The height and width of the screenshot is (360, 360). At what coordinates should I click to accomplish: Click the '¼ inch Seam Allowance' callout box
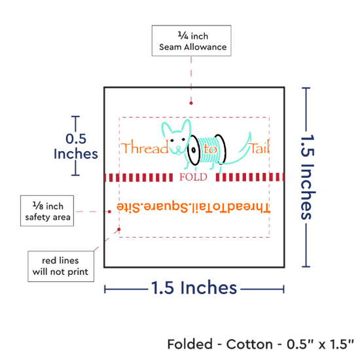click(x=192, y=41)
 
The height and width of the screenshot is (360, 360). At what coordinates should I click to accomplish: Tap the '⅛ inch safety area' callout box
click(x=47, y=211)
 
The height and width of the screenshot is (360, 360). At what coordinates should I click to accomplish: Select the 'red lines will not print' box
click(x=61, y=266)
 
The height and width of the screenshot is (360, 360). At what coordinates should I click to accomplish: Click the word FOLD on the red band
click(x=193, y=177)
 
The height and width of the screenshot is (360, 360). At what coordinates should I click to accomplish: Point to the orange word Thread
click(x=145, y=147)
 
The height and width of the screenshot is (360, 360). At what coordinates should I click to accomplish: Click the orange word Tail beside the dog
click(x=259, y=147)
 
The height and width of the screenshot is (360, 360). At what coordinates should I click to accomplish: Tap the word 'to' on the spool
click(x=210, y=149)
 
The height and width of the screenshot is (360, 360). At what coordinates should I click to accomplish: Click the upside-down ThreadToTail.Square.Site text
click(x=193, y=207)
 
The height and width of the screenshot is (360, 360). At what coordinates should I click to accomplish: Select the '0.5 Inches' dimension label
click(x=76, y=146)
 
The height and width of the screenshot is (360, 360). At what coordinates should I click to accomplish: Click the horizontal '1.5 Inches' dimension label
click(x=194, y=288)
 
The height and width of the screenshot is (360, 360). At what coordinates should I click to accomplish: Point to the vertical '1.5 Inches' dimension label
click(x=308, y=177)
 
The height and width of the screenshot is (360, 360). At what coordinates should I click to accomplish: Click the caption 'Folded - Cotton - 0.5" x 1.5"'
click(x=261, y=344)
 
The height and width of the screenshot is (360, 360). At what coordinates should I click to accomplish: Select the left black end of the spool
click(x=194, y=150)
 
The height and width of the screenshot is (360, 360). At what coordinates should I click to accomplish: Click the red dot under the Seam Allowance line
click(x=191, y=103)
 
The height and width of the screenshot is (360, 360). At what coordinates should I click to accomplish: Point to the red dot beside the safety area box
click(x=109, y=211)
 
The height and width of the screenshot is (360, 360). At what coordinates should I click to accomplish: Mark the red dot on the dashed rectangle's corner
click(x=119, y=229)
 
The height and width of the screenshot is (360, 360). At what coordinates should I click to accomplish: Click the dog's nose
click(x=178, y=147)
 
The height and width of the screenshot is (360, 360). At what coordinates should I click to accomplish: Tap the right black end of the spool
click(x=221, y=149)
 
